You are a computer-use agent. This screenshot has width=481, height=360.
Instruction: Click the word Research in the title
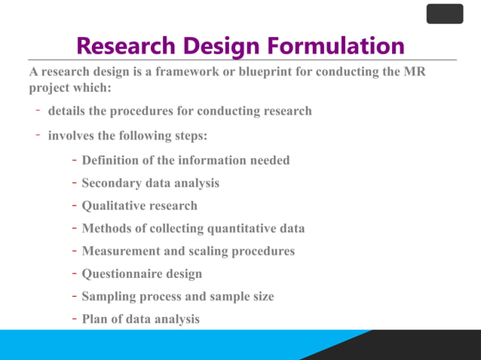pos(124,46)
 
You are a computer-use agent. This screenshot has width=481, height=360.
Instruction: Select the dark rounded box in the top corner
pos(444,14)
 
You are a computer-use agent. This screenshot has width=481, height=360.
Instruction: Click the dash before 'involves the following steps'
pos(36,135)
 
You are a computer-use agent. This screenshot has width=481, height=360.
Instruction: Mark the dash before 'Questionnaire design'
pos(75,273)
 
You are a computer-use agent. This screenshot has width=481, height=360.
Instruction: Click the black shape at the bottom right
pos(422,346)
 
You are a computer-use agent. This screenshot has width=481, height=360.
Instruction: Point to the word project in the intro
pos(51,87)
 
